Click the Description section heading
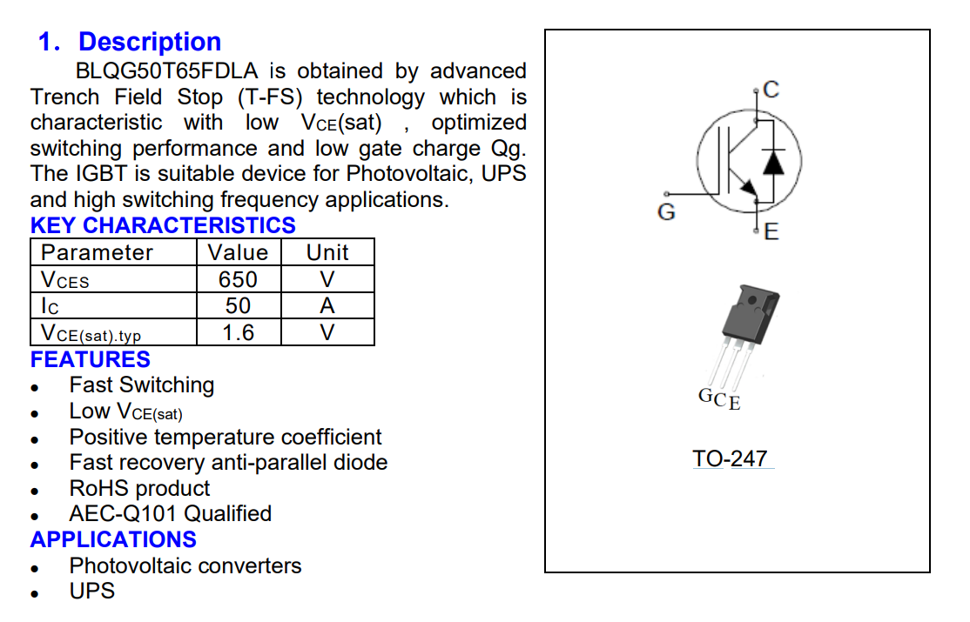click(x=149, y=42)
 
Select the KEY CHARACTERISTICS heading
click(x=163, y=225)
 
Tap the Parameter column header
click(x=97, y=252)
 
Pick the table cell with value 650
click(x=238, y=279)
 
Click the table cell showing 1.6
click(x=238, y=332)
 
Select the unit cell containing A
click(x=327, y=305)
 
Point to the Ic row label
click(x=50, y=306)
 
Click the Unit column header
click(x=327, y=252)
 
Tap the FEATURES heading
click(x=91, y=359)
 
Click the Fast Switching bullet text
click(x=141, y=385)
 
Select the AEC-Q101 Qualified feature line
click(x=170, y=513)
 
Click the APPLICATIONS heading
click(x=113, y=539)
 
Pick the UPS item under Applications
click(x=91, y=591)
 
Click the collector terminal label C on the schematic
click(x=771, y=89)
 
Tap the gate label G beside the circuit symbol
click(x=666, y=211)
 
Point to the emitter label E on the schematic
click(x=771, y=231)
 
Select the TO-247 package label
click(x=730, y=458)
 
